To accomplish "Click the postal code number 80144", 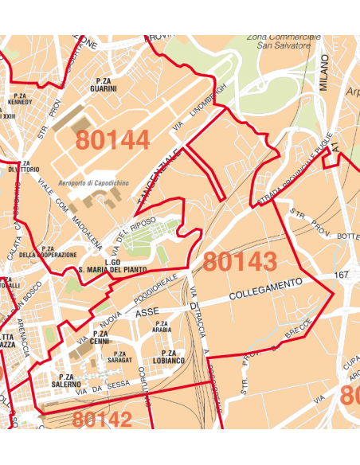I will point(112,140).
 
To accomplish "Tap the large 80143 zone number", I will point(240,261).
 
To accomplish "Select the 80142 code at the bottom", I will point(102,419).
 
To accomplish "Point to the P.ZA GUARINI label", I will point(104,84).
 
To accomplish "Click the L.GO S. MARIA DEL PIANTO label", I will point(112,266).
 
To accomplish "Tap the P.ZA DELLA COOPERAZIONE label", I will point(48,252).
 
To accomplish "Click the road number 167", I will point(342,275).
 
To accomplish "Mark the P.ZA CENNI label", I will point(100,338).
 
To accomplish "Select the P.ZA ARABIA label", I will point(162,326).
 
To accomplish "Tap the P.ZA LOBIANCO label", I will point(168,357).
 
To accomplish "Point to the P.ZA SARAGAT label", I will point(119,358).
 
